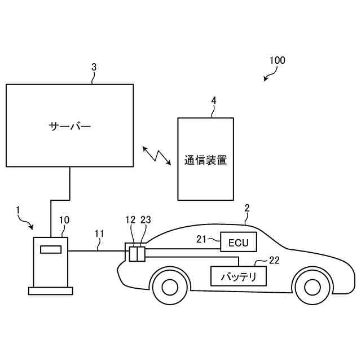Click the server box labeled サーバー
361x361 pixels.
[x=69, y=125]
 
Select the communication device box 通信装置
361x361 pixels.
[x=205, y=159]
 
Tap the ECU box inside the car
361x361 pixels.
[x=238, y=243]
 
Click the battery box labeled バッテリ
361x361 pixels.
[x=238, y=276]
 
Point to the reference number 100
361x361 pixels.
[x=277, y=60]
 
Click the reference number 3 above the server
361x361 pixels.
[x=94, y=67]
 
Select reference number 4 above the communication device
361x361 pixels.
[x=213, y=100]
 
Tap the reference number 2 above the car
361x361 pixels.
[x=246, y=208]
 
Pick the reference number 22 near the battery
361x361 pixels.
[x=274, y=260]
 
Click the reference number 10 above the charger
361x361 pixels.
[x=64, y=219]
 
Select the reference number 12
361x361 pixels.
[x=130, y=220]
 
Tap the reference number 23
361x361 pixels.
[x=146, y=220]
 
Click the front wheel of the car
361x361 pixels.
[x=309, y=286]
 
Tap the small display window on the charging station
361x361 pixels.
[x=50, y=249]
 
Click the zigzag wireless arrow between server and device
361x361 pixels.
[x=157, y=156]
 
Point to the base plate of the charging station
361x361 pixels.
[x=50, y=290]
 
